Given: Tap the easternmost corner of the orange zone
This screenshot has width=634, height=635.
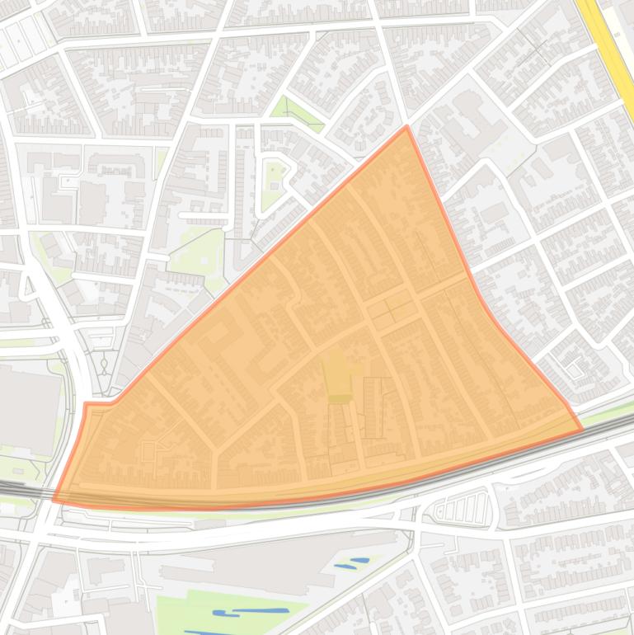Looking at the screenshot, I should (581, 429).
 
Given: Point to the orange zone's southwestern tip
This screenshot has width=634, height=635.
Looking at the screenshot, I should (54, 499).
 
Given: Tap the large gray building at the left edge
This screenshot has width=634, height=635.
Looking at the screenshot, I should (29, 408).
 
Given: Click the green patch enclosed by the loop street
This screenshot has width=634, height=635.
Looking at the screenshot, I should (272, 186).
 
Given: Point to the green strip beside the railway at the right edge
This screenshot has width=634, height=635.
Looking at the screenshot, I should (606, 408).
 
